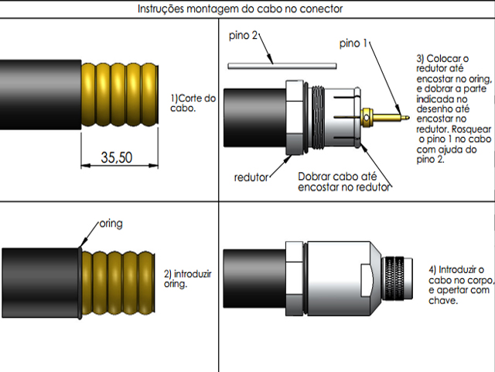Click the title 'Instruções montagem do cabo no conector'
tap(240, 9)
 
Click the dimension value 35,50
tap(117, 158)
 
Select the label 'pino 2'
tap(244, 36)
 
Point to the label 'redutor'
tap(251, 177)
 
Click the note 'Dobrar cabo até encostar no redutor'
tap(344, 181)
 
